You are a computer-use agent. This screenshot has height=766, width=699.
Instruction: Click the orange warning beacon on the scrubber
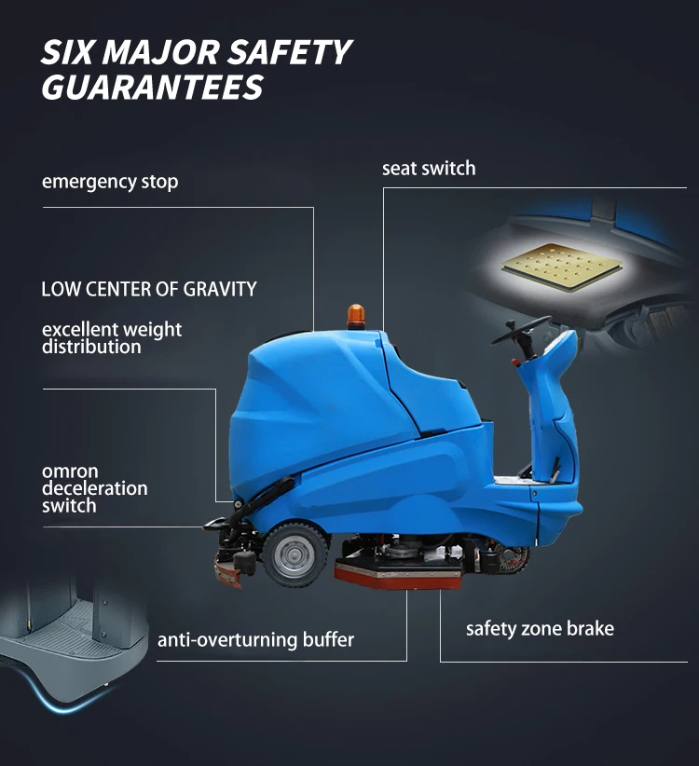coord(355,316)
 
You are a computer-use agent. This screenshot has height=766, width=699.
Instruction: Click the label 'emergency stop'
coord(110,181)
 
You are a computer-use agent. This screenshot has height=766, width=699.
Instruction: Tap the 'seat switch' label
coord(429,169)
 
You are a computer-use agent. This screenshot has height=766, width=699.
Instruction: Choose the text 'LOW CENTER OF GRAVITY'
coord(149,289)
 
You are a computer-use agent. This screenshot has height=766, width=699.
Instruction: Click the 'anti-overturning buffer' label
coord(255,640)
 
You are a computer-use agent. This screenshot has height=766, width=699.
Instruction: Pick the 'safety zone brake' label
coord(540,628)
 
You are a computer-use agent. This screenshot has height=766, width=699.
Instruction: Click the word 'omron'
coord(70,472)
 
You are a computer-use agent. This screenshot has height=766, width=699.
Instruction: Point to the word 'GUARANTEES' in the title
coord(152,87)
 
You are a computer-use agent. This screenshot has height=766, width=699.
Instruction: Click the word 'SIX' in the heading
coord(71,51)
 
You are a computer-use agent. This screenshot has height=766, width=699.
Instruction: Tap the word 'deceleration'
coord(95,488)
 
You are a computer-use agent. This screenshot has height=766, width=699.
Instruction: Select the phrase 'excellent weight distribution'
coord(112,338)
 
